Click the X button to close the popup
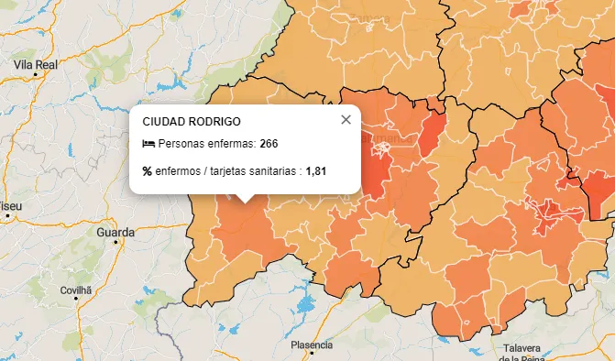346,119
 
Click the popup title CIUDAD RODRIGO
192,121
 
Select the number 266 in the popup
269,144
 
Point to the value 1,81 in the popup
316,170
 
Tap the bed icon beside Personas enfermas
148,144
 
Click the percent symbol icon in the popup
148,170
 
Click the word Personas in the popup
180,144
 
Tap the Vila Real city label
36,65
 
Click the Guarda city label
115,232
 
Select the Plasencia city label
311,345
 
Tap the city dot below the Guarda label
116,243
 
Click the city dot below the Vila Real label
36,76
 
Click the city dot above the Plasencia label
311,334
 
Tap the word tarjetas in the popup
225,170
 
